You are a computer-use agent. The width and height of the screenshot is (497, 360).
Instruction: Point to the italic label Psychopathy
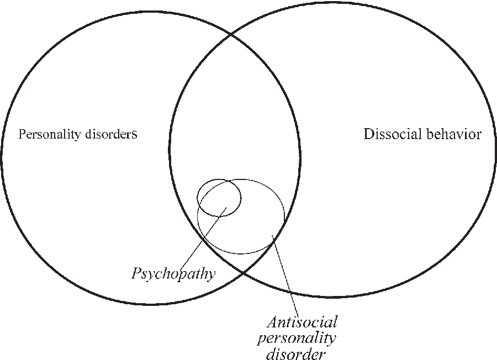click(173, 273)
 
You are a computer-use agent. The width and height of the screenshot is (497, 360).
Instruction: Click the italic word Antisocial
click(302, 322)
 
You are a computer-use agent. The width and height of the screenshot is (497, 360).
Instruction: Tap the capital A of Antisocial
click(272, 322)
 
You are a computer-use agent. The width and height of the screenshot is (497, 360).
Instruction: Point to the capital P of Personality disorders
click(22, 134)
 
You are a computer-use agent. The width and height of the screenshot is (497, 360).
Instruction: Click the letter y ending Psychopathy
click(212, 274)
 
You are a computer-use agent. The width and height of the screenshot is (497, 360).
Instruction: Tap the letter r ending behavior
click(478, 134)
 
